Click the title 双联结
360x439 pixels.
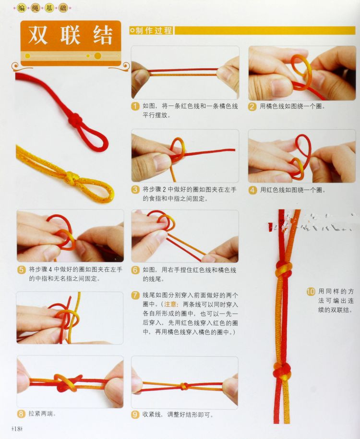[x=71, y=36]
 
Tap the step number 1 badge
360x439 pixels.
[x=135, y=107]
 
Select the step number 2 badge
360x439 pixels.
[x=252, y=107]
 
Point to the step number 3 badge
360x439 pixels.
[x=135, y=190]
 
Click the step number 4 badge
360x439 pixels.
[x=252, y=190]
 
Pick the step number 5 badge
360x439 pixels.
[x=22, y=269]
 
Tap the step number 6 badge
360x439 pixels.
[x=135, y=270]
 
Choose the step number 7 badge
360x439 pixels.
[x=135, y=295]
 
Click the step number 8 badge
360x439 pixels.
[x=21, y=414]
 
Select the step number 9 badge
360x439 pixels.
[x=135, y=415]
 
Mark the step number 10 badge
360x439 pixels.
[x=311, y=292]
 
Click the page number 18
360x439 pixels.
[x=17, y=428]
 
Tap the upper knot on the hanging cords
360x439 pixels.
[x=284, y=269]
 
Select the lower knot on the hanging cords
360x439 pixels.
[x=282, y=371]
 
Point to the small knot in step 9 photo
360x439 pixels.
[x=184, y=386]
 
